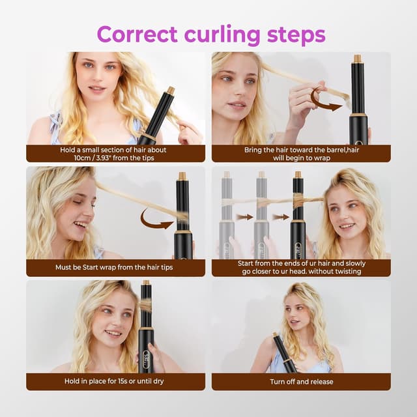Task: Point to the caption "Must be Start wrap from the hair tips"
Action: click(115, 268)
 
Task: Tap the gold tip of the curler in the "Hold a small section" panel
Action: click(170, 91)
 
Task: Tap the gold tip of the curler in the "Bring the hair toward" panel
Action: click(357, 59)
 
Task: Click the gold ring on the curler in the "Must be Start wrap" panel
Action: click(182, 231)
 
